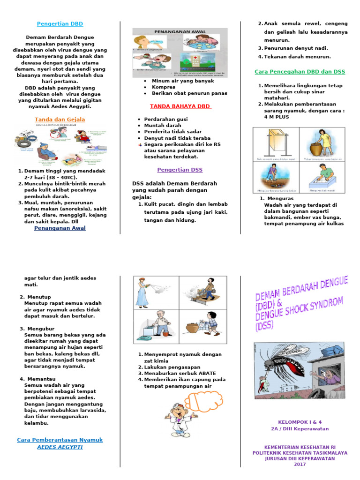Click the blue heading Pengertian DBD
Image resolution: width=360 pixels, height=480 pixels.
[60, 23]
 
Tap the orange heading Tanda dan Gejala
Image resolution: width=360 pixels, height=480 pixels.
[60, 120]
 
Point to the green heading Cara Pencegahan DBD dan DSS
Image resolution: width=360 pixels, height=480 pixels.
[300, 72]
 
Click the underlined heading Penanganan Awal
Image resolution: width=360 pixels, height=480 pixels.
[60, 228]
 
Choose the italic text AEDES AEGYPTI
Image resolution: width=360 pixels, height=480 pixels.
[60, 447]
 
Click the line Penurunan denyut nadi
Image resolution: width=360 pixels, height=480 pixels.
[296, 48]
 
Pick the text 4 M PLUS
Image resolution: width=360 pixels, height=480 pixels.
[277, 117]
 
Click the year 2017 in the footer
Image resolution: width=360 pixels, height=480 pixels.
[300, 465]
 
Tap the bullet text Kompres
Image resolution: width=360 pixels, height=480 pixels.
[163, 87]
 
